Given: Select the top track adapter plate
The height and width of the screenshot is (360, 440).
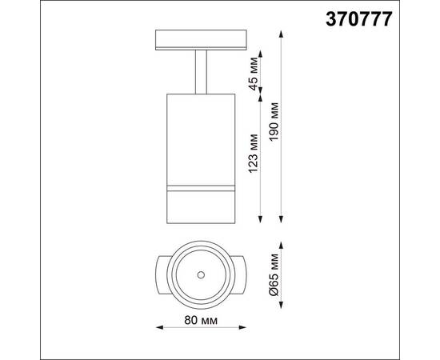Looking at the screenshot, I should pyautogui.click(x=201, y=39).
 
